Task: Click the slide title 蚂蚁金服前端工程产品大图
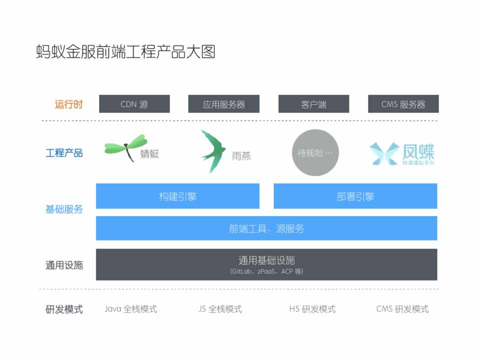(126, 51)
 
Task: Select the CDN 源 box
(134, 104)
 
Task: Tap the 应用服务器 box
(224, 104)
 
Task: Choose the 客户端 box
(314, 104)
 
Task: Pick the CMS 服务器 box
(403, 104)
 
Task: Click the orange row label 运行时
(69, 104)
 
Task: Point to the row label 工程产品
(64, 152)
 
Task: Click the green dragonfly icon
(126, 147)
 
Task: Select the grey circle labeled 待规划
(315, 152)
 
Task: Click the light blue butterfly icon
(384, 153)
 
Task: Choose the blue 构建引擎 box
(178, 196)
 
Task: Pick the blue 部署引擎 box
(355, 196)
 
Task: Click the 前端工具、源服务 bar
(267, 228)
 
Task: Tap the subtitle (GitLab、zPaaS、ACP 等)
(267, 271)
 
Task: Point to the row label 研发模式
(64, 309)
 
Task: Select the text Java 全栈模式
(131, 309)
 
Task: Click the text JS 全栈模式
(220, 309)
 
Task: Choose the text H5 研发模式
(312, 309)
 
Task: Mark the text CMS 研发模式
(402, 309)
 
